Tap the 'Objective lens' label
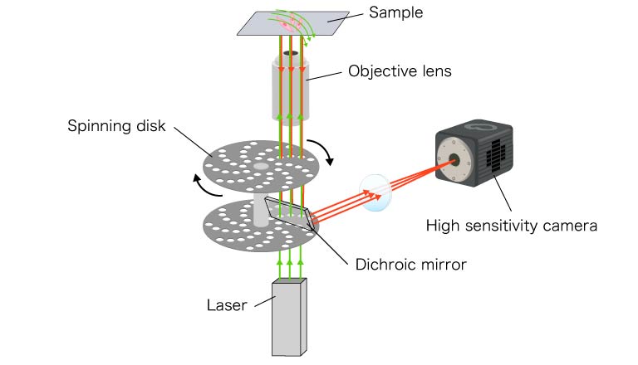click(x=400, y=71)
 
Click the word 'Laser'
click(x=226, y=305)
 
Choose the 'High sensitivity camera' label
click(x=511, y=225)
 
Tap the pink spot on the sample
click(x=287, y=26)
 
